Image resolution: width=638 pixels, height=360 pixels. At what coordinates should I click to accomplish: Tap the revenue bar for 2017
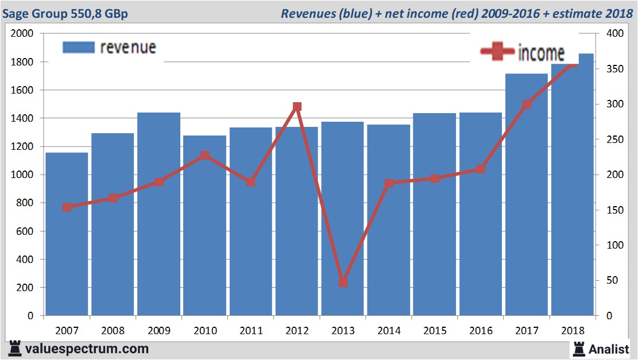coord(527,195)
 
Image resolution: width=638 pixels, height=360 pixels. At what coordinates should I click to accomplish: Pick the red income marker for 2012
coord(297,107)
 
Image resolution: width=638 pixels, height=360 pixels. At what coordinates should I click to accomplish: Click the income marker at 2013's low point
coord(343,282)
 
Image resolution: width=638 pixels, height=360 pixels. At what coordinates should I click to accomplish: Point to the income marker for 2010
coord(205,156)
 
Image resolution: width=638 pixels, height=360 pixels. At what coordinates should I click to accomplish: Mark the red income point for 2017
coord(527,104)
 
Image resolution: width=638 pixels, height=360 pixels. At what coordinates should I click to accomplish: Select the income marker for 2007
coord(67,207)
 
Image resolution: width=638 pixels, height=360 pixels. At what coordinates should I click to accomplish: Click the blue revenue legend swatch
coord(78,47)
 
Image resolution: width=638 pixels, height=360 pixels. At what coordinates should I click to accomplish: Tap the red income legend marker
coord(497,52)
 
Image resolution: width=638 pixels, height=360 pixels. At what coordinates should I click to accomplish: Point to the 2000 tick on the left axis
coord(23,33)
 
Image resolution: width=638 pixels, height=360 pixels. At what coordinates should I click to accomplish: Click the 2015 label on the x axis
coord(435,331)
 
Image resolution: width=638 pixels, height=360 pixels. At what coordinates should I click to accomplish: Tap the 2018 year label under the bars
coord(573,331)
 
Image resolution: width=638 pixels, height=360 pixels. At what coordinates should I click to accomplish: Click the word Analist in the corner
coord(609,349)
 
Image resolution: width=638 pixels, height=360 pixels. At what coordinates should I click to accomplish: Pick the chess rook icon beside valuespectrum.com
coord(15,348)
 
